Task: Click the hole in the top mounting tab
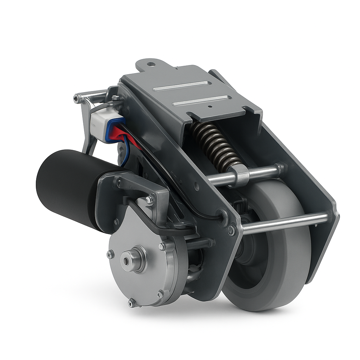pyautogui.click(x=150, y=64)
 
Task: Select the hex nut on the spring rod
pyautogui.click(x=240, y=175)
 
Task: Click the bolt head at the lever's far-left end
pyautogui.click(x=76, y=99)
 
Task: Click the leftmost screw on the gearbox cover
pyautogui.click(x=110, y=254)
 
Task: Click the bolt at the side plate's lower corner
pyautogui.click(x=231, y=230)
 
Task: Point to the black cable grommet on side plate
pyautogui.click(x=222, y=215)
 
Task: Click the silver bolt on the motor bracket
pyautogui.click(x=149, y=200)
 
